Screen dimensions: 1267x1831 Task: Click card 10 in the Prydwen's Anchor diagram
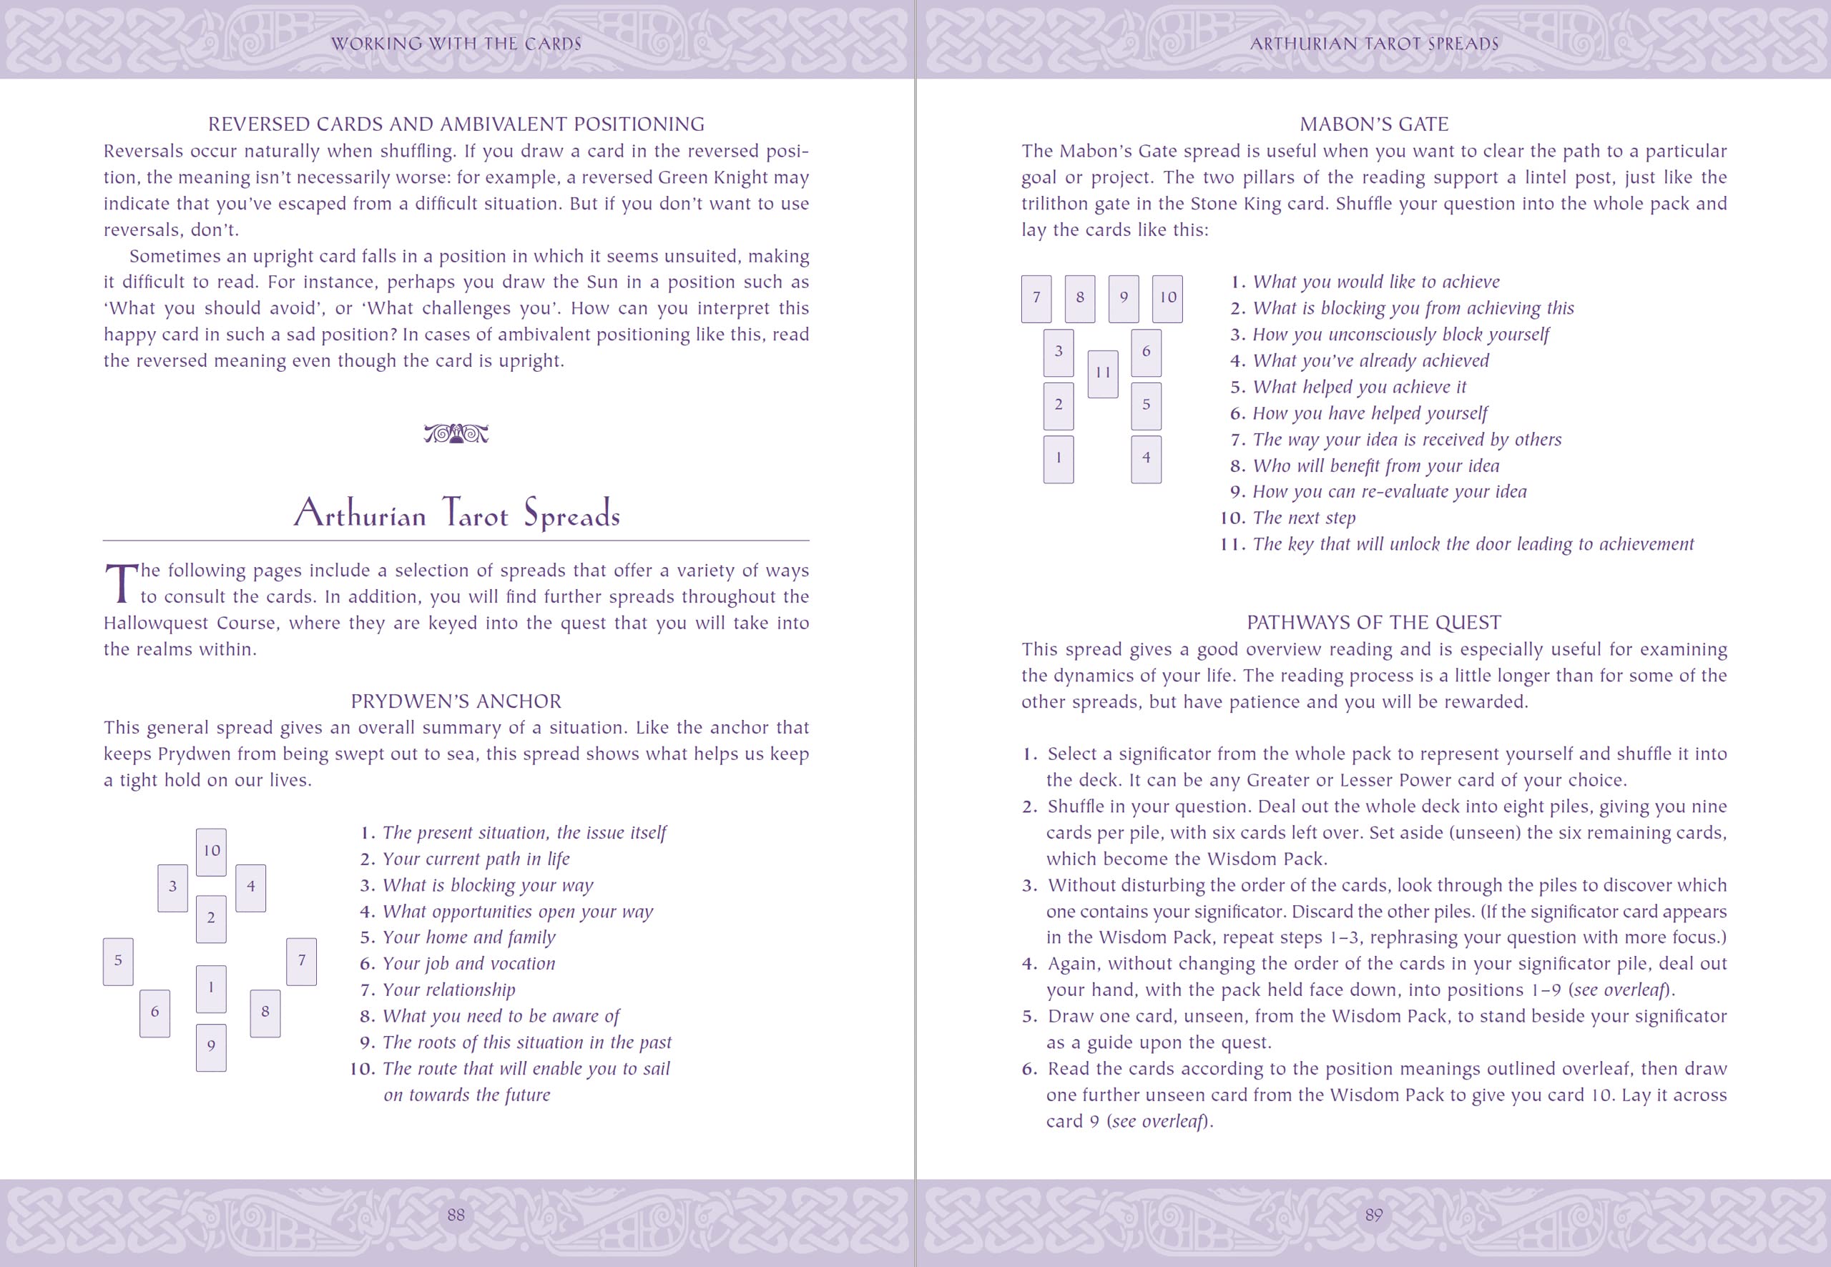[211, 852]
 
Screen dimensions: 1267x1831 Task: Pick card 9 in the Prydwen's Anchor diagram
[211, 1047]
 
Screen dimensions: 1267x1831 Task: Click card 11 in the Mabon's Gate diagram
[1103, 374]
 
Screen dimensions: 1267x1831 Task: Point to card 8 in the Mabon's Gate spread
[1080, 298]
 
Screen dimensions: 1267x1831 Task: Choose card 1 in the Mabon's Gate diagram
[1059, 459]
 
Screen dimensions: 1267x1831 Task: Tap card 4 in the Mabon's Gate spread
[1146, 459]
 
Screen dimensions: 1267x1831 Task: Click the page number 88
[456, 1215]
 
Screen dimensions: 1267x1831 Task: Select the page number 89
[1374, 1215]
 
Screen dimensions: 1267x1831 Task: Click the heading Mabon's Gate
[1374, 124]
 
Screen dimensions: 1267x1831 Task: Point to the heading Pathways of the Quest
[1374, 622]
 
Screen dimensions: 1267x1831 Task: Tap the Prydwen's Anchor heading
[456, 701]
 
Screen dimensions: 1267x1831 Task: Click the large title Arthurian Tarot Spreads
[456, 513]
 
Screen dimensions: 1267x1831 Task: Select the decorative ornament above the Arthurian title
[456, 434]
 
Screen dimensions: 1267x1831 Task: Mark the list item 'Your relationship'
[448, 990]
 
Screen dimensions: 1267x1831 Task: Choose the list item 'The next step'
[1304, 518]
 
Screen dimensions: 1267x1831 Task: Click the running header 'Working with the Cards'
[456, 44]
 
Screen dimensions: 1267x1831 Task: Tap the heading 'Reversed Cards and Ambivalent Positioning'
[456, 124]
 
